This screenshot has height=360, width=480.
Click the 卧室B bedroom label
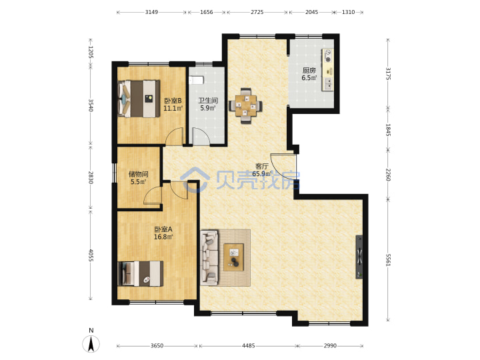pos(173,101)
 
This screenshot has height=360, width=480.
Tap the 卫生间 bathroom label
pos(208,101)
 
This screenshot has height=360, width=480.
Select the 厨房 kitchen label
pos(309,71)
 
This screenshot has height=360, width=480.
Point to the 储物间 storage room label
pos(139,174)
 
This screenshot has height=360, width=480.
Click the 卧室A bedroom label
pos(163,229)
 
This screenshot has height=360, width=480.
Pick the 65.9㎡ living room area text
pos(262,174)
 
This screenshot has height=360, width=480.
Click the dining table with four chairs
pos(245,106)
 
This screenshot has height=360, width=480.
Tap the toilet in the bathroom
pos(196,80)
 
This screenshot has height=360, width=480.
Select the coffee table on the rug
pos(233,257)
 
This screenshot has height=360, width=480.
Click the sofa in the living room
pos(209,258)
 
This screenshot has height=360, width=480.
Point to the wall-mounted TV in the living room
pos(359,257)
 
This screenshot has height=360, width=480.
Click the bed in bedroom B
pos(139,99)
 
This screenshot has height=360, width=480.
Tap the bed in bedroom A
pos(141,273)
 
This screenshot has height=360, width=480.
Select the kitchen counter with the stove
pos(327,69)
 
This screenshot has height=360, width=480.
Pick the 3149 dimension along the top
pos(151,12)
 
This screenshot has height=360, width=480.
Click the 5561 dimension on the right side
pos(388,260)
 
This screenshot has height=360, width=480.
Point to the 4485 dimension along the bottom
pos(248,346)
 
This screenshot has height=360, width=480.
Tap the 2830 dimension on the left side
pos(91,177)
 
